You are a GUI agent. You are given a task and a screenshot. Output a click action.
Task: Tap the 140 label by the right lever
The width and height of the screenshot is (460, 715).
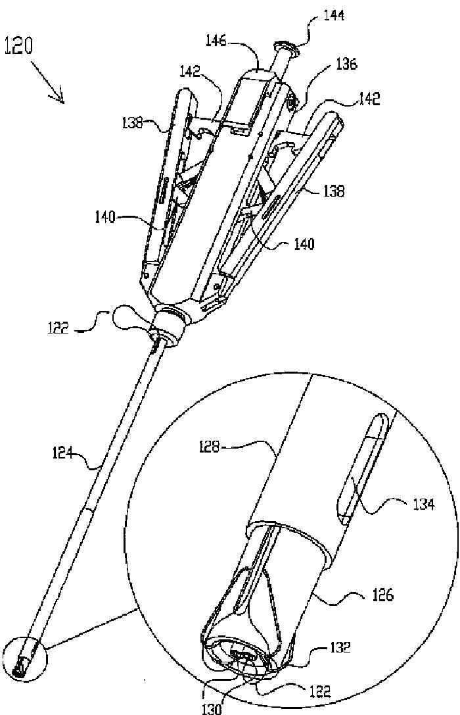click(x=303, y=245)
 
